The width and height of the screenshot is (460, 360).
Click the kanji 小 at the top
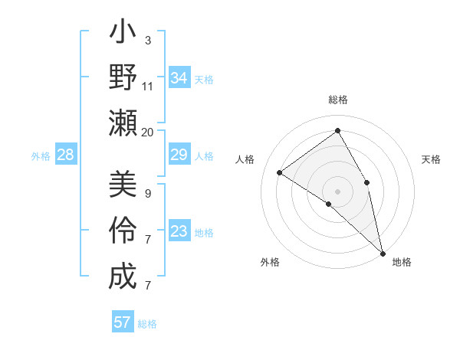[123, 34]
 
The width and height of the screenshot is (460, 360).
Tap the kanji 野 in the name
[123, 78]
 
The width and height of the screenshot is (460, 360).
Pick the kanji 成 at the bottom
[123, 277]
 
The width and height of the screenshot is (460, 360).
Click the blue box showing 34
[179, 78]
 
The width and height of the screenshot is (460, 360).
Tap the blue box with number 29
[179, 155]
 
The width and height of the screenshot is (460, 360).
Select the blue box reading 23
[179, 231]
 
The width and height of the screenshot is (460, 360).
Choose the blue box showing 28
[66, 155]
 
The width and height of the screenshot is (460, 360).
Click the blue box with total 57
[123, 322]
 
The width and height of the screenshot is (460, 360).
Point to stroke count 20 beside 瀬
[148, 133]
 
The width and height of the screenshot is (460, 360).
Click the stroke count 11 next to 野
[148, 86]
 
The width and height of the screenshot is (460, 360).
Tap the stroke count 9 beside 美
[148, 193]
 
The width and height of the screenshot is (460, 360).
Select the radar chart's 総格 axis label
[337, 100]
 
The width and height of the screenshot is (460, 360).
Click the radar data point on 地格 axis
[383, 252]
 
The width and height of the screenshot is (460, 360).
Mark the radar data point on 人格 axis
[280, 172]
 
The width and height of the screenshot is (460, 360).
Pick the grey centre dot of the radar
[337, 190]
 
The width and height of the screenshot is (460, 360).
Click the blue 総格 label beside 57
[147, 324]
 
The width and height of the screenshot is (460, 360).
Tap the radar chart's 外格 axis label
[270, 262]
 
